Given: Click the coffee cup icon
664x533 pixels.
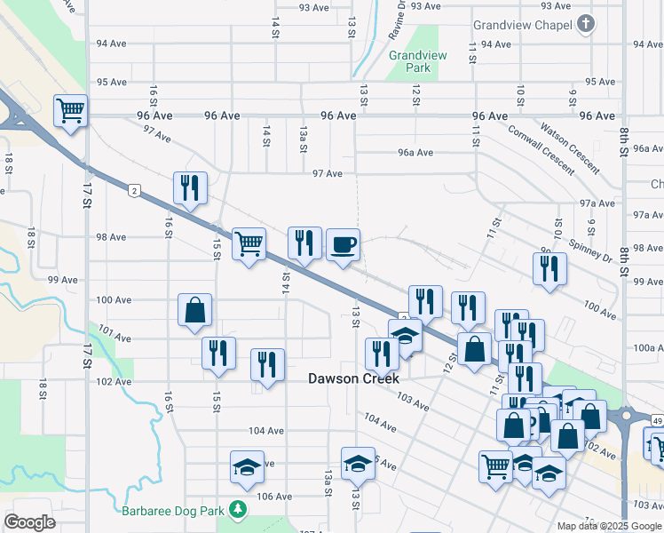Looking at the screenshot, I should click(x=344, y=244).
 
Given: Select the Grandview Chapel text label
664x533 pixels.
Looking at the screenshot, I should click(x=523, y=25).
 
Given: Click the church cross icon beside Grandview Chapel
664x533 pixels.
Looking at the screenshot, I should click(x=585, y=24).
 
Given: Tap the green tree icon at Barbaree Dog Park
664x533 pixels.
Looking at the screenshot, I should click(x=237, y=509).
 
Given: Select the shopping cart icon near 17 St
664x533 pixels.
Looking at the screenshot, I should click(x=70, y=111).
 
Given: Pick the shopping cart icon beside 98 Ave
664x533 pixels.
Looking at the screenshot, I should click(x=249, y=242).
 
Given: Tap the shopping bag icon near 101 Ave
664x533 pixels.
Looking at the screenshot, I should click(x=194, y=310).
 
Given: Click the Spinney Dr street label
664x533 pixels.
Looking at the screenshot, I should click(x=596, y=252).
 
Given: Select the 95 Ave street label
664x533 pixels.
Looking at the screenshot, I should click(x=113, y=82).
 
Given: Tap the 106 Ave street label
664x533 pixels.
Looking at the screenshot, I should click(x=274, y=497).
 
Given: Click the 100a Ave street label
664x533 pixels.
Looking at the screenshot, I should click(x=649, y=348).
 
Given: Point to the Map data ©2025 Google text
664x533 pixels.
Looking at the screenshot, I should click(x=609, y=526).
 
